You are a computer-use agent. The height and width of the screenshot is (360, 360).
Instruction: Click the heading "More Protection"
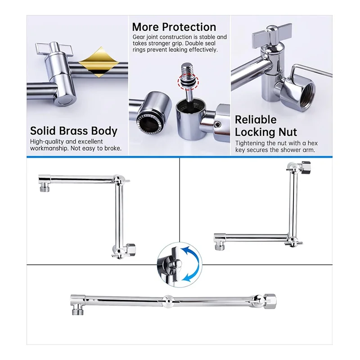(174, 27)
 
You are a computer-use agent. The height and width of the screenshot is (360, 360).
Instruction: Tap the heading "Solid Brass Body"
(74, 131)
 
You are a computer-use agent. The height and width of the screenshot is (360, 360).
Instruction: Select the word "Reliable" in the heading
(256, 120)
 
